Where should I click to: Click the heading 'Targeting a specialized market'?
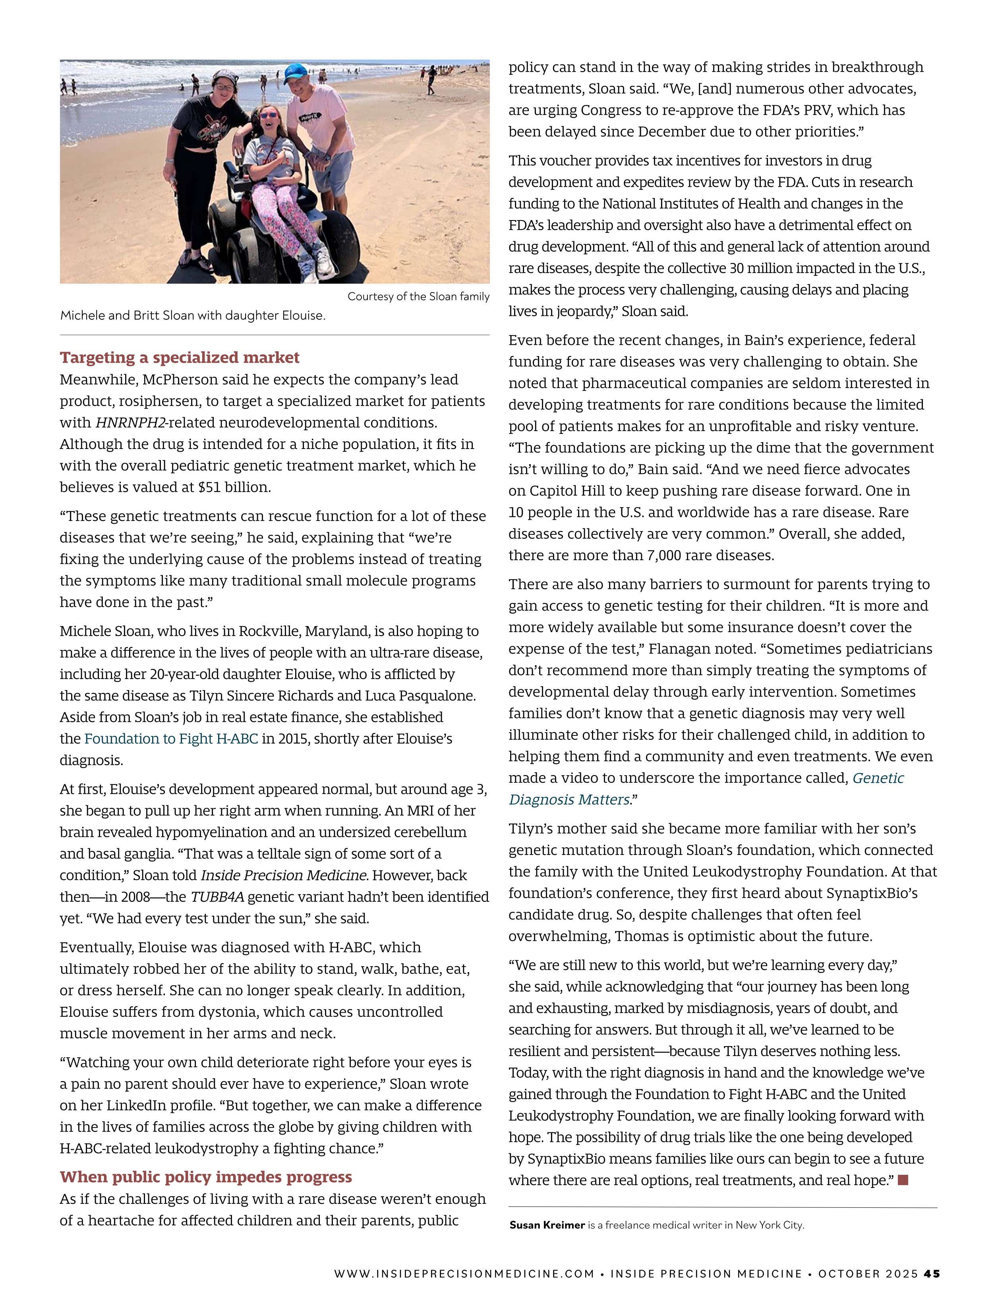pyautogui.click(x=179, y=357)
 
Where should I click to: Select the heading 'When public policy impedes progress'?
pyautogui.click(x=205, y=1177)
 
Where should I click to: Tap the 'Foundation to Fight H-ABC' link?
pyautogui.click(x=171, y=739)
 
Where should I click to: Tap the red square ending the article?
pyautogui.click(x=903, y=1180)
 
